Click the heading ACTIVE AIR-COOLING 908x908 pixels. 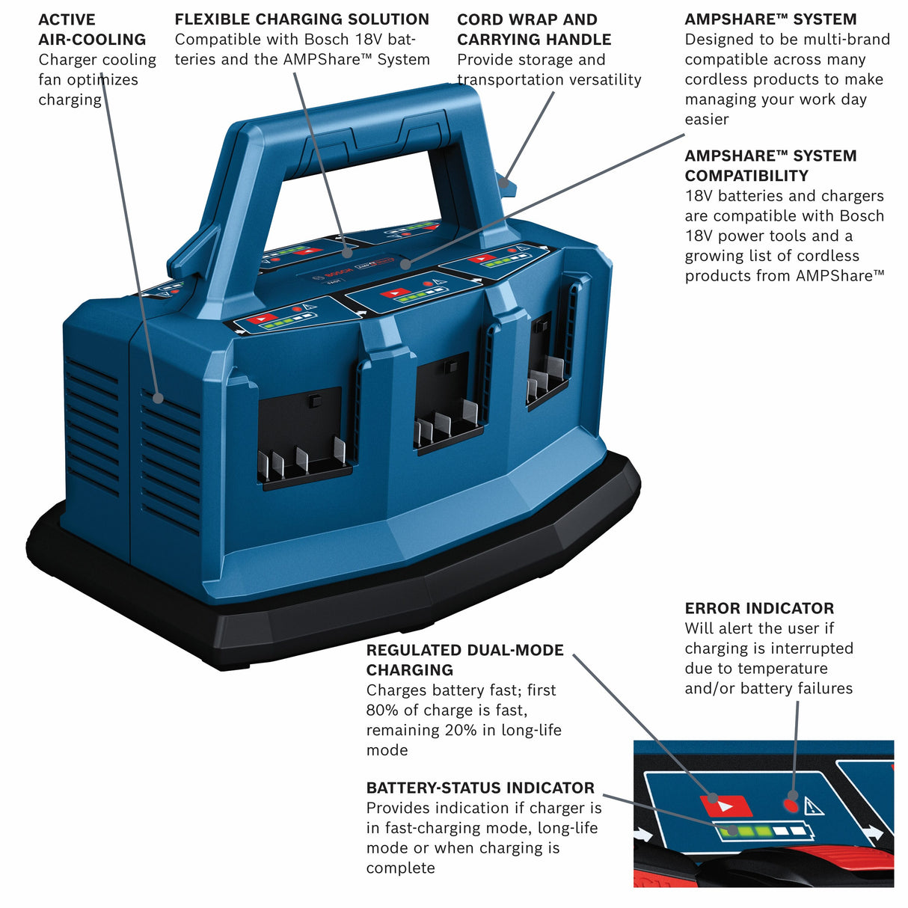click(x=91, y=29)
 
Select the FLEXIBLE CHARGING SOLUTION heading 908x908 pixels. click(x=301, y=19)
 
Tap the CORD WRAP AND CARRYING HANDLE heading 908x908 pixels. click(x=533, y=29)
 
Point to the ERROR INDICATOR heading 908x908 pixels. click(x=758, y=608)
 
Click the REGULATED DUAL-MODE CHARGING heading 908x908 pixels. click(x=464, y=660)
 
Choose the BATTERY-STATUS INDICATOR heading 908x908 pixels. click(x=479, y=788)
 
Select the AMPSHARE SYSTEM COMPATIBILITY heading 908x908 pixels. click(x=770, y=165)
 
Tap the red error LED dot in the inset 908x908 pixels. click(x=789, y=805)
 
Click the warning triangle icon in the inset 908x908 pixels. click(x=813, y=806)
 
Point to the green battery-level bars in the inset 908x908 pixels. click(x=748, y=831)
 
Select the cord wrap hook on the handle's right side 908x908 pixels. click(x=506, y=181)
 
